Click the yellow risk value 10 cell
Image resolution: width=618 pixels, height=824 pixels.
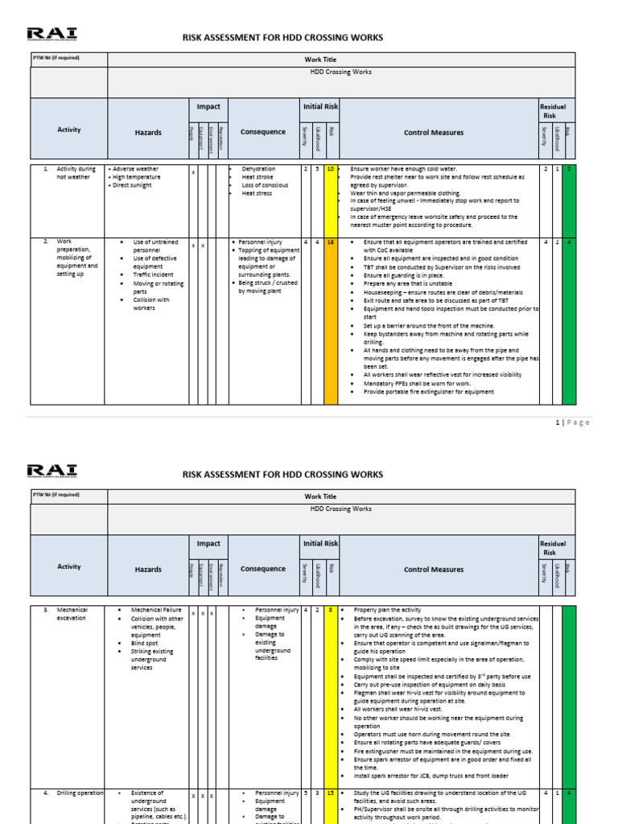[x=330, y=169]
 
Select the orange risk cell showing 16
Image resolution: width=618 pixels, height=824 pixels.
[x=330, y=241]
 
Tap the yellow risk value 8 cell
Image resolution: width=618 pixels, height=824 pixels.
[x=330, y=610]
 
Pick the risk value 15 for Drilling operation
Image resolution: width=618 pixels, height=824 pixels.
[x=330, y=793]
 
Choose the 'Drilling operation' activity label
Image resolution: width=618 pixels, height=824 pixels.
[x=80, y=793]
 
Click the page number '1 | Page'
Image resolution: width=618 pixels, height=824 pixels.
[x=572, y=422]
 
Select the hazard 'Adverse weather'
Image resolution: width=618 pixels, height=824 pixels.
[x=136, y=169]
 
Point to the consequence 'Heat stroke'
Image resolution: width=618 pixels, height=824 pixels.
[x=257, y=177]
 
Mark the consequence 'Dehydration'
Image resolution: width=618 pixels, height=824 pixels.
[x=258, y=169]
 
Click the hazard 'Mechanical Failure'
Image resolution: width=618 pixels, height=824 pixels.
[x=156, y=610]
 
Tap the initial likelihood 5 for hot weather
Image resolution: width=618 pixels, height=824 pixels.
[x=318, y=169]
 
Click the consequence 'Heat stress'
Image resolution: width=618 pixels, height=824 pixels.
[x=257, y=193]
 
